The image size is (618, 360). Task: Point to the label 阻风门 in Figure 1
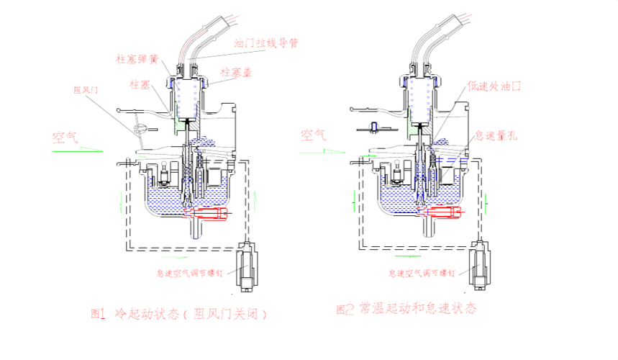[86, 90]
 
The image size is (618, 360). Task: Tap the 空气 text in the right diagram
[314, 135]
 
